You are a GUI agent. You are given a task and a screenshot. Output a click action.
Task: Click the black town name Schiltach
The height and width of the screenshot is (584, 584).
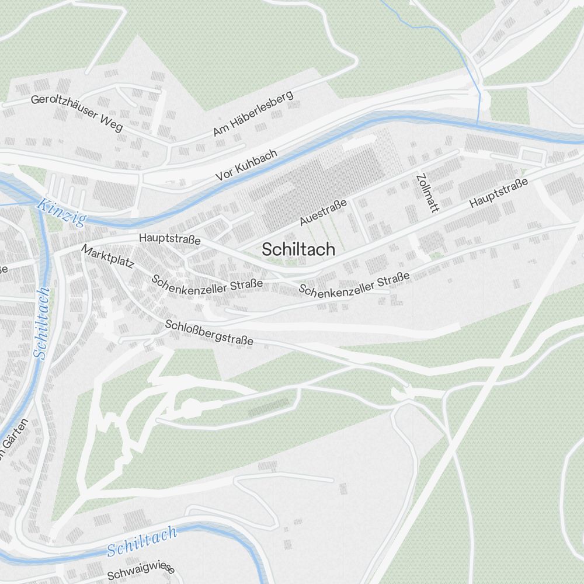coord(298,249)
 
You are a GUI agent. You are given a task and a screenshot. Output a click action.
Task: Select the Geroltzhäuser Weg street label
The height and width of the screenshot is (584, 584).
coord(77,112)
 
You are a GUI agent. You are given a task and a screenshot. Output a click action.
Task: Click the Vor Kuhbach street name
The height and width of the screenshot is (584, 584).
coord(246,164)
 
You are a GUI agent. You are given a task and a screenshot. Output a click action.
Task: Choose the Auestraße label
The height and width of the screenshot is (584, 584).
coord(323,211)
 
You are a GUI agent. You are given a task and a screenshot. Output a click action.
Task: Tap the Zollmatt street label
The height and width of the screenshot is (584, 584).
coord(427,192)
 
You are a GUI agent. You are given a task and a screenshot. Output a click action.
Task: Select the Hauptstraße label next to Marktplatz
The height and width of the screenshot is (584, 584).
coord(170,239)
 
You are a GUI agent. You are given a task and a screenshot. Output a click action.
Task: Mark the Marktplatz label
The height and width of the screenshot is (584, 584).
coord(107,256)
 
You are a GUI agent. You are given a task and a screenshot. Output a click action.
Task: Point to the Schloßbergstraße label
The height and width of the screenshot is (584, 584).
coord(209,332)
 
